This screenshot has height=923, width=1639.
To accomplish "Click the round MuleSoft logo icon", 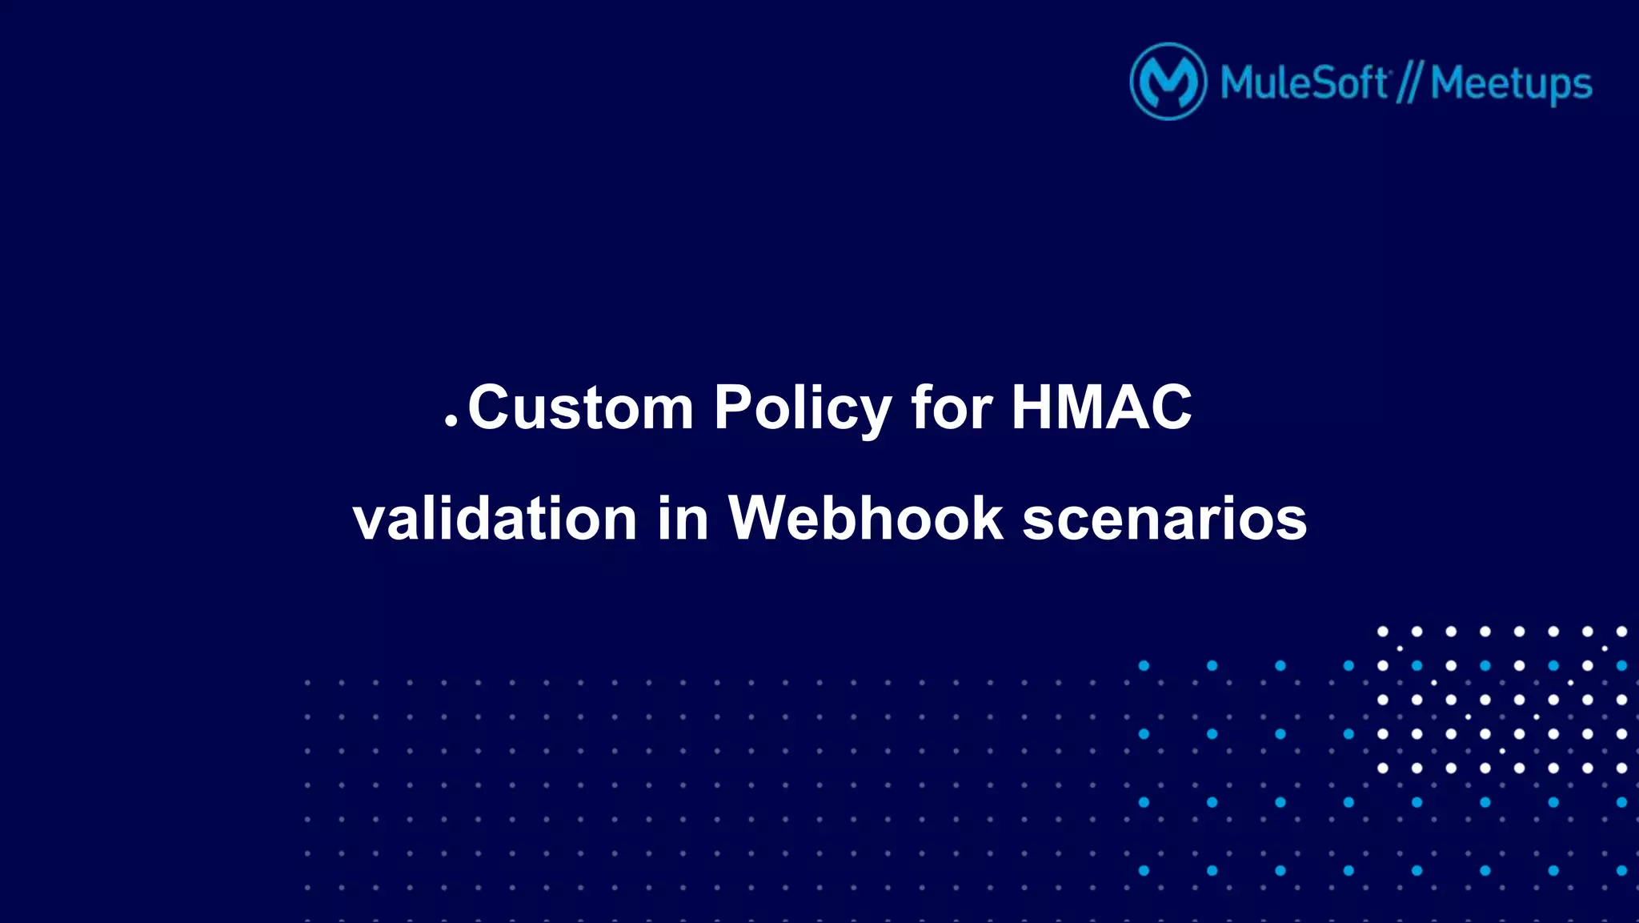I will pyautogui.click(x=1168, y=82).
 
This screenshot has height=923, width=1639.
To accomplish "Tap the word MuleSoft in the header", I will pyautogui.click(x=1304, y=82).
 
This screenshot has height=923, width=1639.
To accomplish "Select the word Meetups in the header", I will pyautogui.click(x=1511, y=84).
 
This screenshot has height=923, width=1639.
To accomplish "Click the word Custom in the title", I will pyautogui.click(x=580, y=407).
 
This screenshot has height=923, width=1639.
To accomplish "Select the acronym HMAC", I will pyautogui.click(x=1101, y=407).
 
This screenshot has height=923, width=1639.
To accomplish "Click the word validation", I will pyautogui.click(x=495, y=519).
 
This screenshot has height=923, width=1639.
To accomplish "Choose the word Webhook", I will pyautogui.click(x=865, y=519).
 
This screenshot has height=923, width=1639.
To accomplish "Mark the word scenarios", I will pyautogui.click(x=1164, y=519).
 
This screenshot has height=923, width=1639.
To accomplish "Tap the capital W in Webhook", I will pyautogui.click(x=763, y=519).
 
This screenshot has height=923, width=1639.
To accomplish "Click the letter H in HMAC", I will pyautogui.click(x=1032, y=407).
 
